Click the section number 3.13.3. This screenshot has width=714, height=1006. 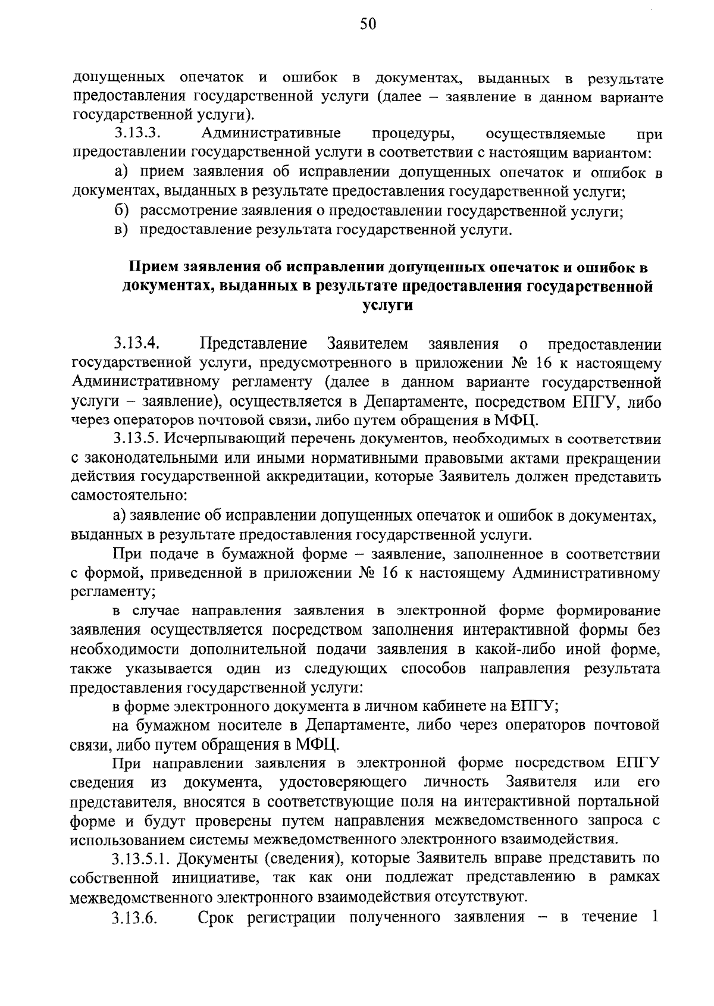click(136, 133)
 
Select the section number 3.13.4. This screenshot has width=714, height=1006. click(137, 344)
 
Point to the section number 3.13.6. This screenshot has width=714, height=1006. click(134, 935)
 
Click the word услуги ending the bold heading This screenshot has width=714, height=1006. click(387, 306)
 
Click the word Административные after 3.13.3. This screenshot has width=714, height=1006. click(271, 133)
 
